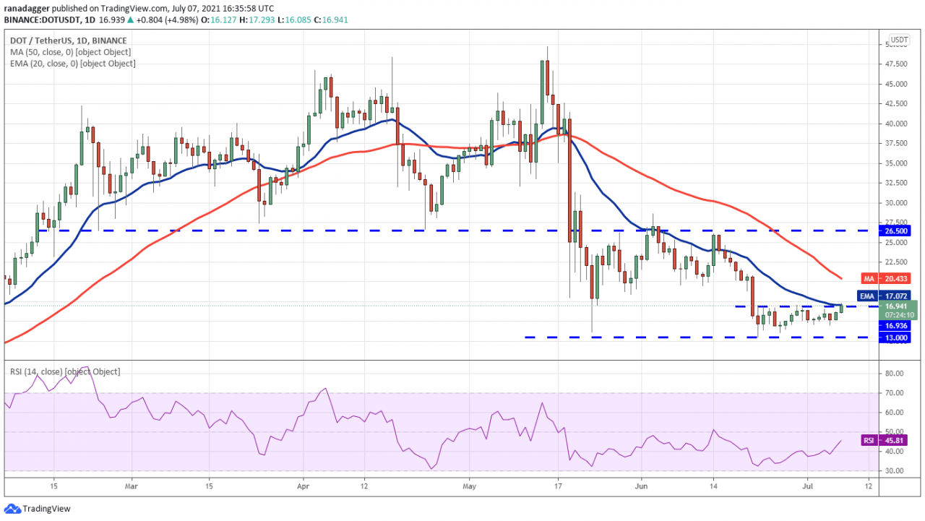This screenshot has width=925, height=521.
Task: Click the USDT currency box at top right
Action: coord(899,40)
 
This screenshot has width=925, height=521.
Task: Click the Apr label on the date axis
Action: coord(303,486)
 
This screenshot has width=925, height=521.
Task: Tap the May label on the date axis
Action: coord(469,486)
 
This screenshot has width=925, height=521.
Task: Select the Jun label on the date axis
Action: coord(640,486)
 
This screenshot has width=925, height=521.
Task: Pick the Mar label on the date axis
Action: coord(131,486)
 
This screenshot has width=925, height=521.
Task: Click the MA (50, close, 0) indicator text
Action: coord(70,52)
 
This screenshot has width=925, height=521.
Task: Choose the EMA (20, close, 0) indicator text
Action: coord(72,64)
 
